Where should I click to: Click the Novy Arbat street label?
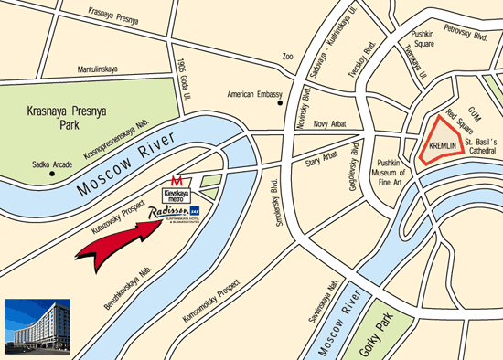331,125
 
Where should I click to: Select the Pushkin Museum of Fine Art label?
397,168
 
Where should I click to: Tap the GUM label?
474,107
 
